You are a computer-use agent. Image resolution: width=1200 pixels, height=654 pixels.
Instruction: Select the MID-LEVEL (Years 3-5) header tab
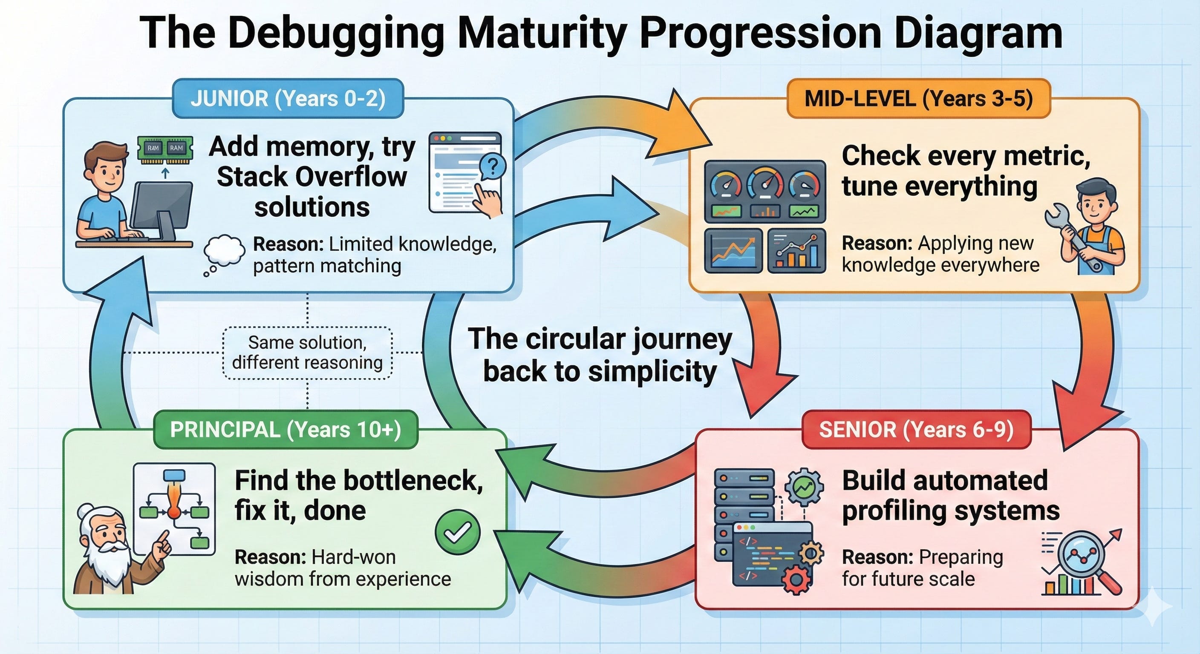(x=918, y=99)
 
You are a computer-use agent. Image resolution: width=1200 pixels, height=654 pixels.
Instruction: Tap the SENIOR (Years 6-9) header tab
(x=916, y=430)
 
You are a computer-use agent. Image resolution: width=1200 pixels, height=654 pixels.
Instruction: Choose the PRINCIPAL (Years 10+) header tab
(x=285, y=430)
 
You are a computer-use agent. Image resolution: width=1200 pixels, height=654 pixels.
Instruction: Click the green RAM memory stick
(x=165, y=149)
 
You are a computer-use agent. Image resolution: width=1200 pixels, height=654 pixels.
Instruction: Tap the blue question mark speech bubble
(x=492, y=166)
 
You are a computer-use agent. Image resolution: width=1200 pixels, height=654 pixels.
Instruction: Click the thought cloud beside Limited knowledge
(x=225, y=251)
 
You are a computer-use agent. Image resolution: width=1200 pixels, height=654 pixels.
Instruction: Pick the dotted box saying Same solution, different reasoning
(x=307, y=353)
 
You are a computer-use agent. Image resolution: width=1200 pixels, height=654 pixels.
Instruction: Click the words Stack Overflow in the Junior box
(x=312, y=177)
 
